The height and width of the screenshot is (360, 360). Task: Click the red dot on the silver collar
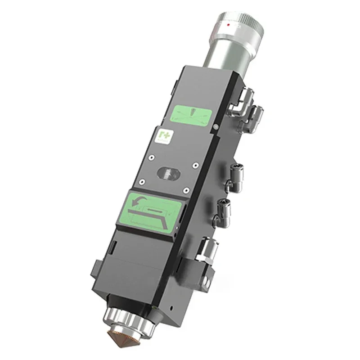pos(229,27)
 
